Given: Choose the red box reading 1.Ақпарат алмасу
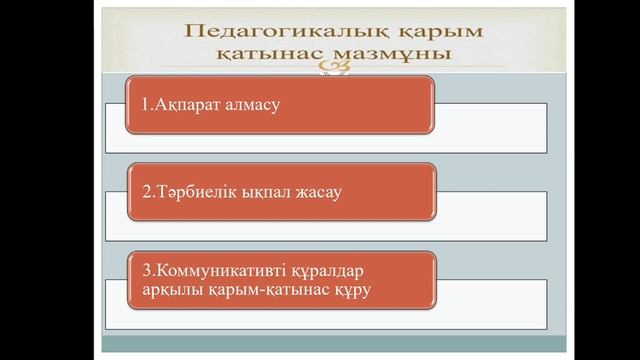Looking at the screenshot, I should [x=280, y=103].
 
